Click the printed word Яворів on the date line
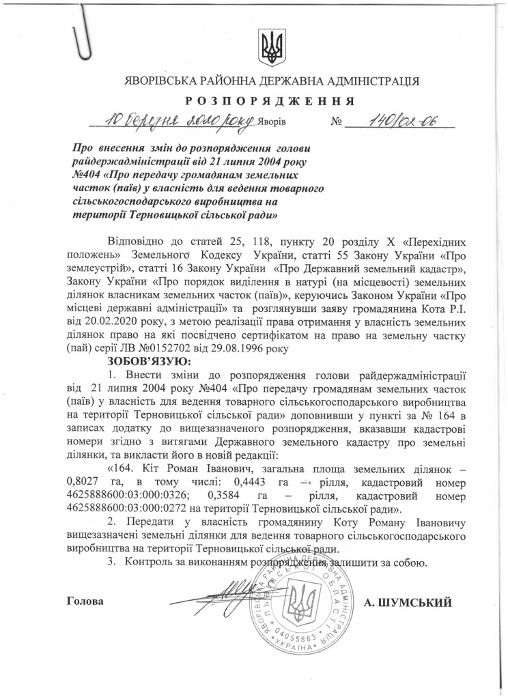(272, 124)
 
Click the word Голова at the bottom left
(86, 602)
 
